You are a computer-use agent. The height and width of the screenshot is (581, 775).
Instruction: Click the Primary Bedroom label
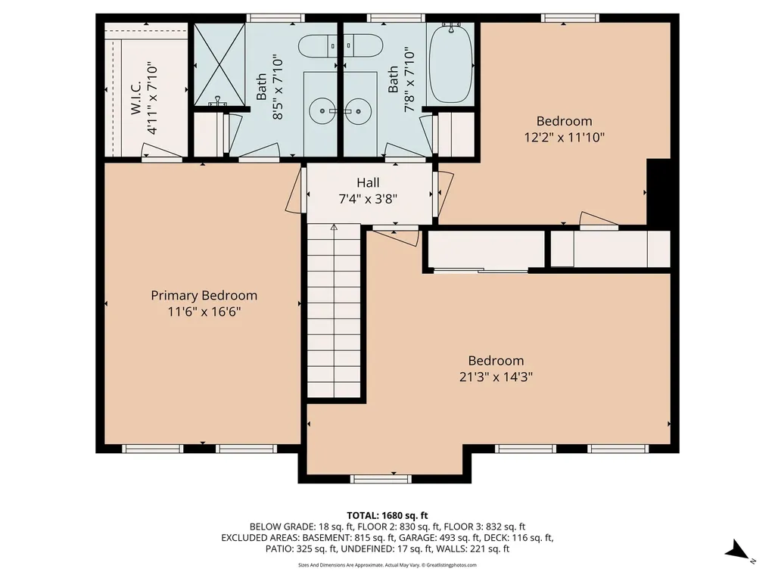pos(204,296)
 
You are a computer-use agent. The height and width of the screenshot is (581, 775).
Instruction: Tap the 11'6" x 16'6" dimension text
pos(204,312)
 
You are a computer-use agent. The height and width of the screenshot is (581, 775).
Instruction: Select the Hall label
pos(369,183)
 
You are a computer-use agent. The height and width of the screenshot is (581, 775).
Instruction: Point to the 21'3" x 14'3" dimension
pos(496,377)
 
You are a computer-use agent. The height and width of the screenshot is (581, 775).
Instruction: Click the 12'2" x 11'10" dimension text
pos(564,137)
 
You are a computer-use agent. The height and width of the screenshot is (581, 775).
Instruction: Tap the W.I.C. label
pos(136,98)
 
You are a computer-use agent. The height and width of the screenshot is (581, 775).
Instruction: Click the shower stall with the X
pos(219,64)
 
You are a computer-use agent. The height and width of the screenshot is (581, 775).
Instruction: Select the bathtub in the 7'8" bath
pos(451,64)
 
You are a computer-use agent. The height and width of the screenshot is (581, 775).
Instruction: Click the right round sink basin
pos(357,110)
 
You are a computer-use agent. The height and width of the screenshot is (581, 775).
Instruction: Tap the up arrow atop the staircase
pos(334,228)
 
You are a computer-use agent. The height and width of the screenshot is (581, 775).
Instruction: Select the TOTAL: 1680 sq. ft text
pos(387,516)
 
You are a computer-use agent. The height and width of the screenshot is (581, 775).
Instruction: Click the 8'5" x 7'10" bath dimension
pos(278,88)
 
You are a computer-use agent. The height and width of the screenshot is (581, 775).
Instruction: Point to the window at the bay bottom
pos(381,479)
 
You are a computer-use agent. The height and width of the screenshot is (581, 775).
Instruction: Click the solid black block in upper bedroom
pos(659,192)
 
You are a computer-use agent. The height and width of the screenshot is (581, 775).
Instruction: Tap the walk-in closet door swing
pos(156,151)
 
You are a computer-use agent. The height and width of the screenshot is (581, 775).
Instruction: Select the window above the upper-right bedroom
pos(570,18)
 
